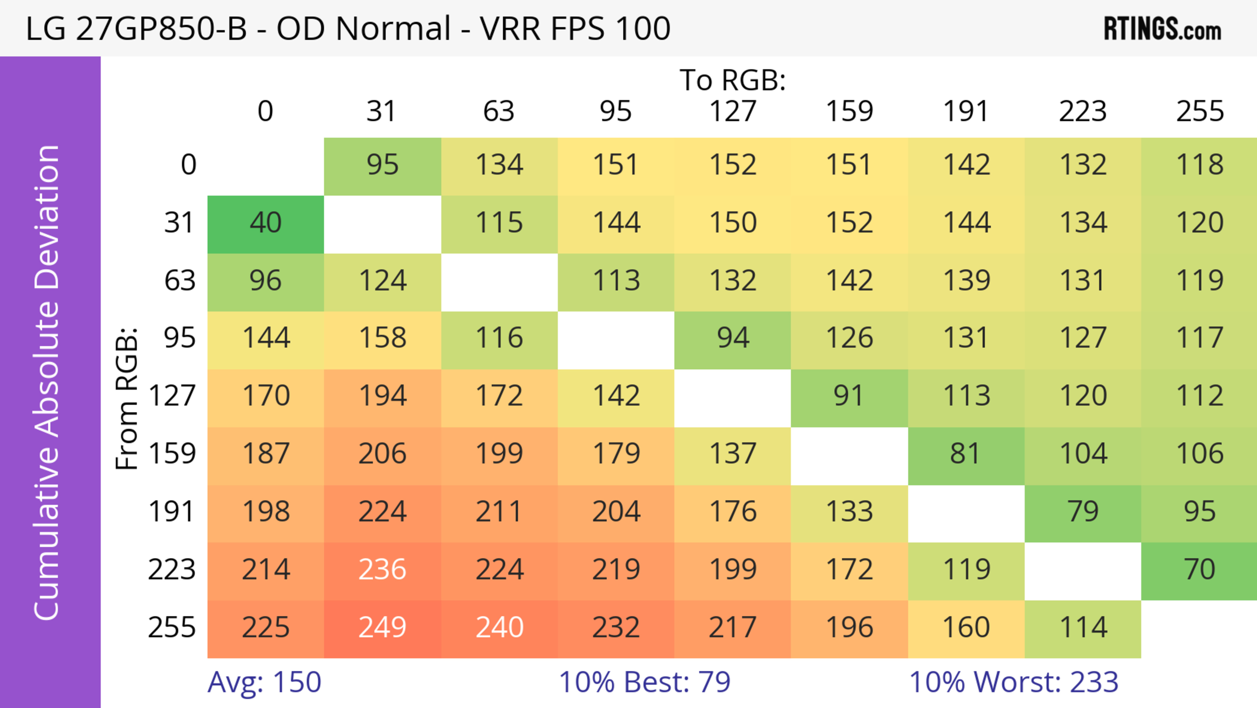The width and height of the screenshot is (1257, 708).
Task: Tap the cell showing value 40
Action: coord(265,223)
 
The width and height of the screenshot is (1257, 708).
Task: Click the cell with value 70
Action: coord(1199,570)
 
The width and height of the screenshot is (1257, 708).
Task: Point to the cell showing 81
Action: coord(966,454)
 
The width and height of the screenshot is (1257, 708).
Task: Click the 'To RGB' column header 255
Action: coord(1199,111)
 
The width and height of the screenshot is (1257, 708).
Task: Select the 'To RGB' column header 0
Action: coord(265,111)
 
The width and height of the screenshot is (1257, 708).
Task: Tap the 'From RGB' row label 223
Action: coord(172,570)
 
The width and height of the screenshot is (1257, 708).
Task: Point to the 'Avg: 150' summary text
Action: coord(264,682)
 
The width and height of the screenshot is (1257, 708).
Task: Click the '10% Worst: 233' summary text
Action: coord(1013,682)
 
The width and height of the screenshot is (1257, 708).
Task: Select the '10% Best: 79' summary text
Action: coord(644,682)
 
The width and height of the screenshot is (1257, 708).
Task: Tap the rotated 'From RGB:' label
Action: coord(127,398)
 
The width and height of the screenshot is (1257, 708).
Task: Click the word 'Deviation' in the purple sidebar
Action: coord(47,217)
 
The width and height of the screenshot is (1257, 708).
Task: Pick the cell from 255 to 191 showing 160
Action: coord(966,627)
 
